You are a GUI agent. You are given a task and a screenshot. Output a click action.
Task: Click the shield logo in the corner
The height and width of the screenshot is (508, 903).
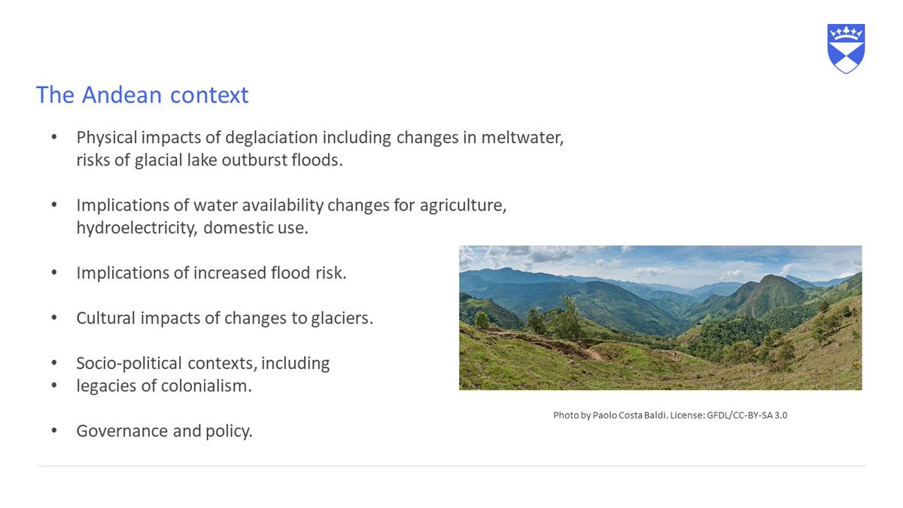tap(846, 48)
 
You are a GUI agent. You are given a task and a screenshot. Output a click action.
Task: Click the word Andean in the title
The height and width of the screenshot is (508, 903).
tap(120, 96)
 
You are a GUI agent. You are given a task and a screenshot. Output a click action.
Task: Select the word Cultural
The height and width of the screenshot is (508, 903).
tap(105, 318)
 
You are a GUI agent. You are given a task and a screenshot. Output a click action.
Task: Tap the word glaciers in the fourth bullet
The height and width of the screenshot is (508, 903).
tap(342, 318)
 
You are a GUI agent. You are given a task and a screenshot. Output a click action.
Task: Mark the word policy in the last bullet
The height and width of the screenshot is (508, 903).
tap(227, 431)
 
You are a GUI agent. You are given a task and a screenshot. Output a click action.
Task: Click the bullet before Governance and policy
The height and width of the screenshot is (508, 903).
tap(53, 431)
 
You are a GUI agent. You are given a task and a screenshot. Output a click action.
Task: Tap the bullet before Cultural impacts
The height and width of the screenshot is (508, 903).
tap(53, 318)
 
